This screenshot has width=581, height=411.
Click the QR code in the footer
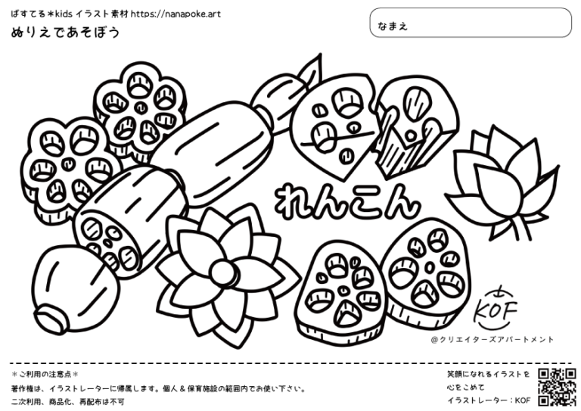[x=557, y=388]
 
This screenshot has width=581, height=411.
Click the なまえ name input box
[x=471, y=23]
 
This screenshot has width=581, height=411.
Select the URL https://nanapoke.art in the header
[x=176, y=14]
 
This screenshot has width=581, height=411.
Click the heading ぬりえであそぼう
[x=66, y=33]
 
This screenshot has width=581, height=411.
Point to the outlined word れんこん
[x=347, y=202]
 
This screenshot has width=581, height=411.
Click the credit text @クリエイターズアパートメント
[x=492, y=340]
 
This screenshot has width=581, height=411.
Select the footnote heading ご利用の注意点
[x=45, y=374]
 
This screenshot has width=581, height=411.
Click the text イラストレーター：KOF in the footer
[x=489, y=400]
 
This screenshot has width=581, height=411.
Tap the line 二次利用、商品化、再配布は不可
[x=67, y=401]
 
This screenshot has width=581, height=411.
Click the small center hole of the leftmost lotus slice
[x=67, y=163]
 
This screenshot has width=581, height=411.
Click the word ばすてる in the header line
[x=28, y=14]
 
